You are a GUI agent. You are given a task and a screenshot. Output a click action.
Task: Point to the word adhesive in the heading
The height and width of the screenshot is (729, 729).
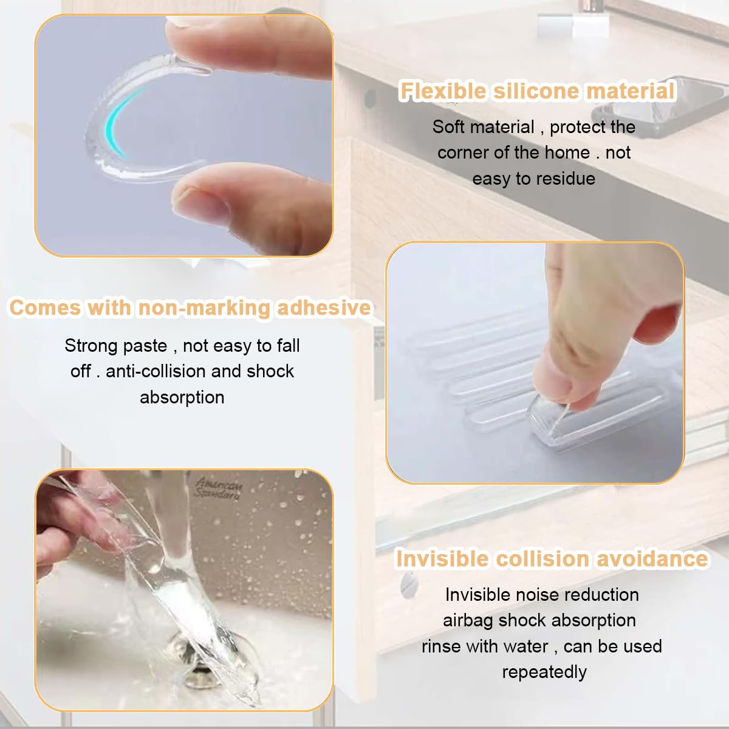click(x=324, y=307)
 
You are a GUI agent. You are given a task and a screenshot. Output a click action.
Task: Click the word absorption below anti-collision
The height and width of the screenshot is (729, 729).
click(x=182, y=398)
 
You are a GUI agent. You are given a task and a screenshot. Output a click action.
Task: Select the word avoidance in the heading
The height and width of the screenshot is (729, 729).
click(x=652, y=559)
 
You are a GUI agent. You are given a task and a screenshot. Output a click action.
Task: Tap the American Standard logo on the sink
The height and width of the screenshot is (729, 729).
click(x=218, y=488)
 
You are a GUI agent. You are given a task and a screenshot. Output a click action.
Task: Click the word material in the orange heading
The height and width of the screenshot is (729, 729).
click(x=630, y=91)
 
